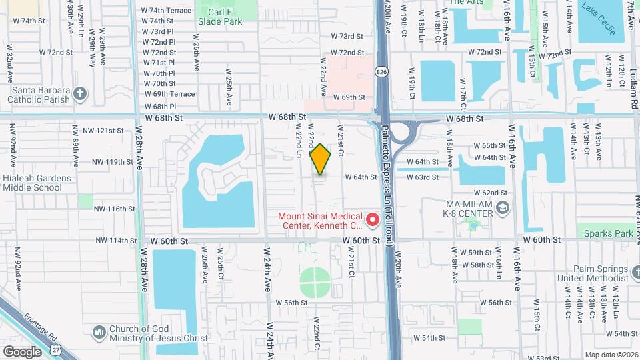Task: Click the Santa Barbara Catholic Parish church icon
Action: [80, 93]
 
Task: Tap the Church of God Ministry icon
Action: [99, 332]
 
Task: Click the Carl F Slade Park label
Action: [219, 16]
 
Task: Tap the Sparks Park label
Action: [608, 233]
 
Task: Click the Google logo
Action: [22, 351]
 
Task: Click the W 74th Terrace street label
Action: [167, 11]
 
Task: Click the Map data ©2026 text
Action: [611, 355]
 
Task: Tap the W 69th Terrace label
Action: [169, 94]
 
